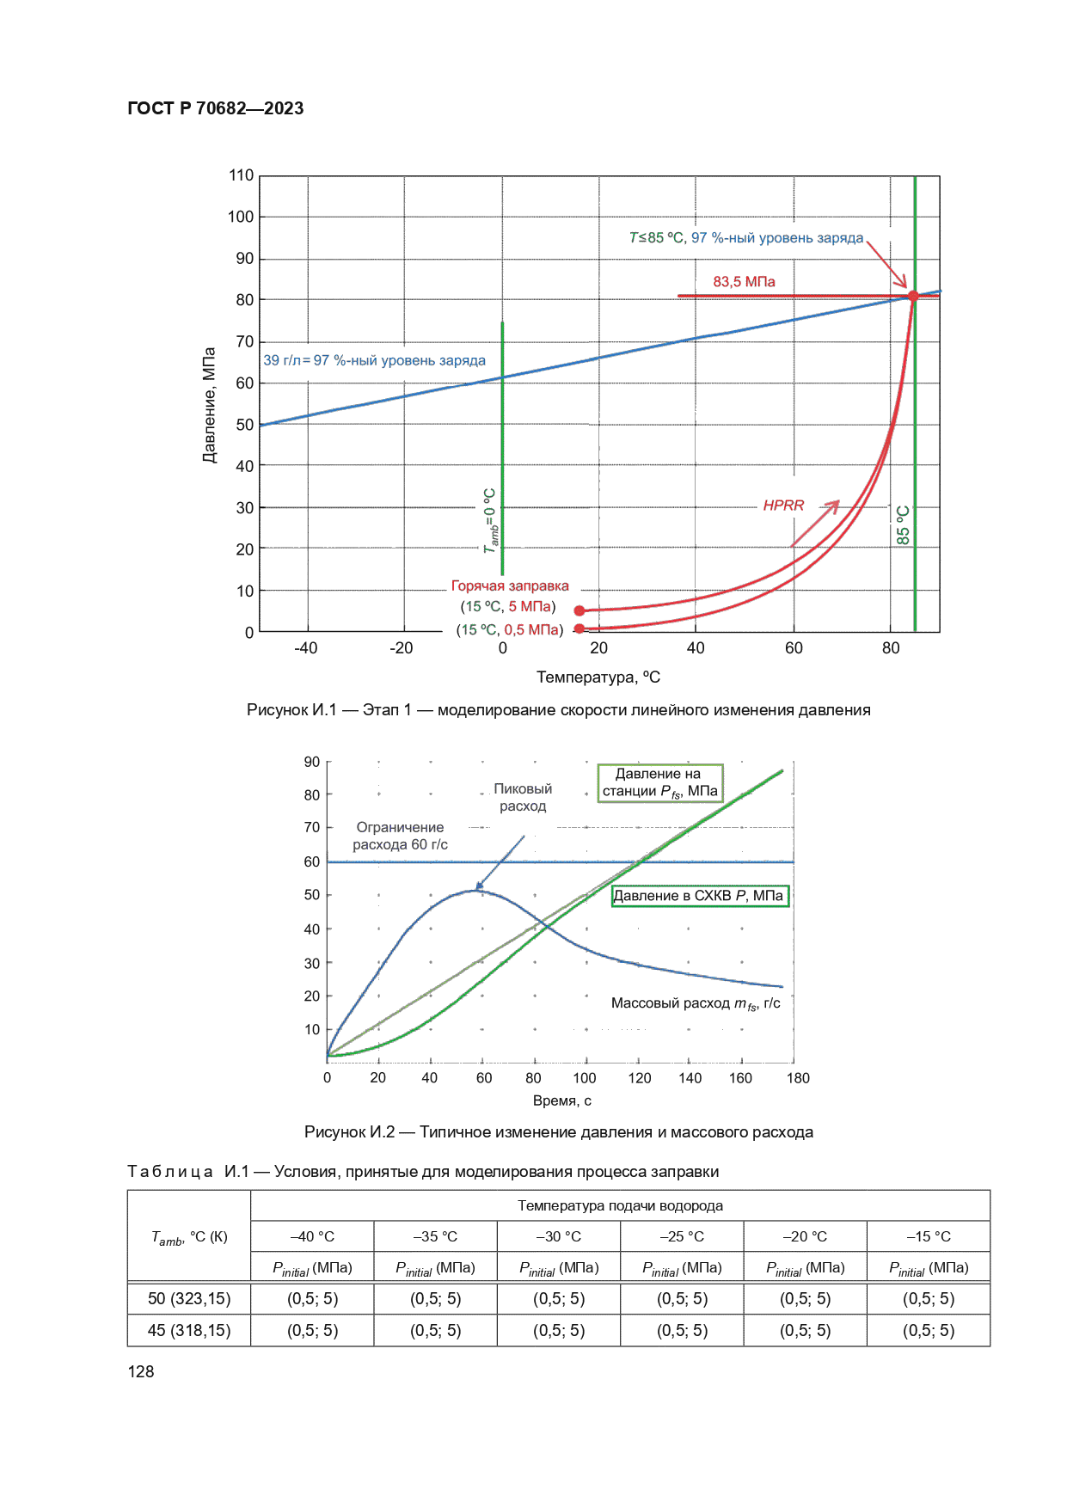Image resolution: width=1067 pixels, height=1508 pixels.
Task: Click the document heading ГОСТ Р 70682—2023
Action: (215, 108)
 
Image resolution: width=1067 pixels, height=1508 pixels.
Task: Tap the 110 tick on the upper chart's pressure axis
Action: (241, 175)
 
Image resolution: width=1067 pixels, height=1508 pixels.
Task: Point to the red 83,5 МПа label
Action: (744, 282)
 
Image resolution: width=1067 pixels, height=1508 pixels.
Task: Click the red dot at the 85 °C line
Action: (913, 296)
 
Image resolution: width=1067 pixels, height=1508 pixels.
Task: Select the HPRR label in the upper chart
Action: (783, 506)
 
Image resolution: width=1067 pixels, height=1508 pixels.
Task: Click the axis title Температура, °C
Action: (598, 677)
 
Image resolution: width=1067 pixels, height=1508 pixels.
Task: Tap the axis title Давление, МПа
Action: (209, 405)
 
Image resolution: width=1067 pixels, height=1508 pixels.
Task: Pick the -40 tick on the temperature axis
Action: (305, 648)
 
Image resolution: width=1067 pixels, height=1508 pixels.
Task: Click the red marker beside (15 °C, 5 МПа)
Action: (579, 610)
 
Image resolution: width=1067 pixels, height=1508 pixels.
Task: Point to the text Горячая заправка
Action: (510, 586)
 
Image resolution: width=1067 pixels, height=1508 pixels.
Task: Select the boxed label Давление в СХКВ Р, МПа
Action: (699, 896)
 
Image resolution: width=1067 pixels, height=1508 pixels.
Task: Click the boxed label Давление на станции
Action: (659, 782)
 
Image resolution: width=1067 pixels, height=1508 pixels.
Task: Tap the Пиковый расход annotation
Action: (523, 797)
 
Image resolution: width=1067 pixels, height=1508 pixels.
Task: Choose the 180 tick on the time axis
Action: (798, 1078)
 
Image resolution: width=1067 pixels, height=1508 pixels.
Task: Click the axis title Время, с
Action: (562, 1101)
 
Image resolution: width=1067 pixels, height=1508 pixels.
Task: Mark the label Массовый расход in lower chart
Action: (696, 1003)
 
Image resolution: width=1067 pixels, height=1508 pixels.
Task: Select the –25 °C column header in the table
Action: (682, 1236)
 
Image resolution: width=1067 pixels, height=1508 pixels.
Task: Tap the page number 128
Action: (141, 1372)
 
